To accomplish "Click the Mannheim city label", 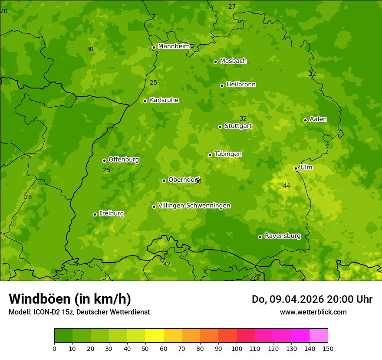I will coord(174,46).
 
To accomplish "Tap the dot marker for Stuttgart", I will coord(220,127).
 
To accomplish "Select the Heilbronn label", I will coord(241,85).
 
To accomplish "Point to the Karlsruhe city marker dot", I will coord(145,101).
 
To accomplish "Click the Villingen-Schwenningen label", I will coord(194,206).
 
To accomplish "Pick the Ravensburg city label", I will coord(282,236).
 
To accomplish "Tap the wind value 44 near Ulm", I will coord(286,186).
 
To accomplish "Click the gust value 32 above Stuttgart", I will coord(243,118).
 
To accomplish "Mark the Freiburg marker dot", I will coord(95,214).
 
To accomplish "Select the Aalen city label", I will coord(318,119).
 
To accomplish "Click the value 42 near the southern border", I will coord(167,264).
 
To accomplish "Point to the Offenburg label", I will coord(124,160).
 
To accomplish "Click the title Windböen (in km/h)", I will coord(70,299).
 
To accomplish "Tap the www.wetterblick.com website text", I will coord(313,312).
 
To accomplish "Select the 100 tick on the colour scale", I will coord(237,348).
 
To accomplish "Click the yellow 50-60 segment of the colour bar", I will coord(155,336).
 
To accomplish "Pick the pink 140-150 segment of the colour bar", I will coord(319,336).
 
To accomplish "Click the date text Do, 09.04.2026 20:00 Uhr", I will coord(312,299).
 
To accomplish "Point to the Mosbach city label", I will coord(233,61).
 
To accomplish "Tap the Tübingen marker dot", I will coord(210,155).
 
